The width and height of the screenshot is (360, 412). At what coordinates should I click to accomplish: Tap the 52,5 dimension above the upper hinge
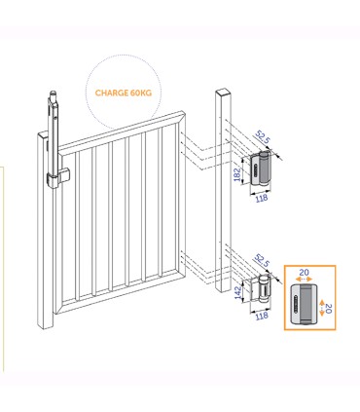point(261,140)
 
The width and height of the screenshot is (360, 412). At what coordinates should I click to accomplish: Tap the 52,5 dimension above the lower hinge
point(261,261)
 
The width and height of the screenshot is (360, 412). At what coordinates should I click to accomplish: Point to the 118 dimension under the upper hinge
point(261,198)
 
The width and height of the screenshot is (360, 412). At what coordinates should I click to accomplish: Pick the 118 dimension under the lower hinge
point(261,316)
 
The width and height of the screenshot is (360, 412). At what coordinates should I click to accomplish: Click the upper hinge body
point(262,170)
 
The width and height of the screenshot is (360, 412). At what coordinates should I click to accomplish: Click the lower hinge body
point(262,290)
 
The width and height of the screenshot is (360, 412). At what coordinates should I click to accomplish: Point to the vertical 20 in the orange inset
point(328,308)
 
